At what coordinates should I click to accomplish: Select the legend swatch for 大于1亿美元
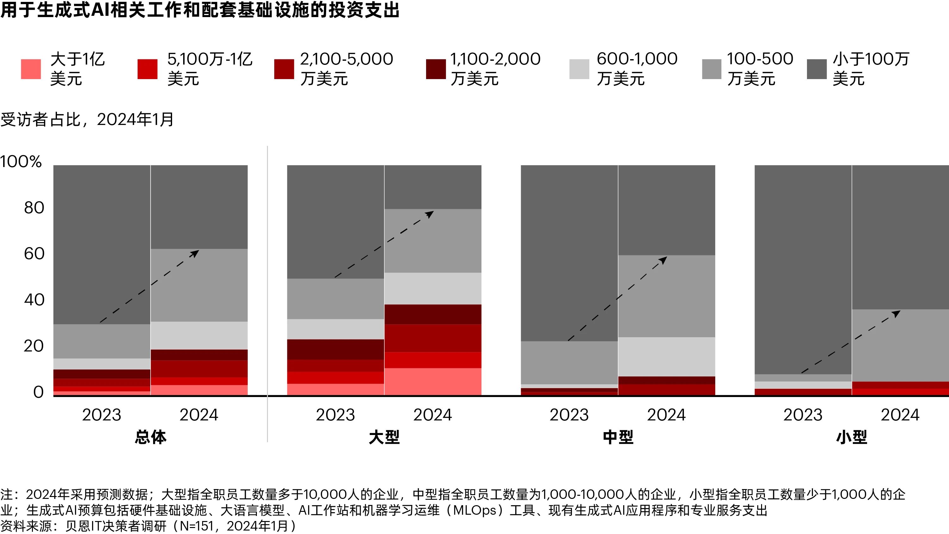(31, 69)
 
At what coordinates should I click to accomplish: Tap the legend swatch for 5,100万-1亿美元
(147, 69)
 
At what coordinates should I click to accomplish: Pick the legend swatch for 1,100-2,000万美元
(436, 69)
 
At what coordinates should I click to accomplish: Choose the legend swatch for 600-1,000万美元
(579, 69)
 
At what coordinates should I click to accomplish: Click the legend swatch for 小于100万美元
(817, 69)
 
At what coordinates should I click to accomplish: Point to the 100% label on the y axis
(21, 162)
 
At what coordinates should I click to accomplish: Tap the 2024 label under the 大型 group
(432, 415)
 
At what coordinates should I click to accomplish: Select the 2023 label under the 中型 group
(569, 415)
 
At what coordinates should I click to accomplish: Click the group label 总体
(150, 437)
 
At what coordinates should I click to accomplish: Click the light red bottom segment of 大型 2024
(432, 382)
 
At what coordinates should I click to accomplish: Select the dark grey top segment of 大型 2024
(432, 187)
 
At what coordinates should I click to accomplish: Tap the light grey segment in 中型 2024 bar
(667, 356)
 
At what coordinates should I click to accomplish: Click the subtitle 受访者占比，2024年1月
(87, 119)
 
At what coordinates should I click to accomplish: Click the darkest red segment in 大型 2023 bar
(335, 349)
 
